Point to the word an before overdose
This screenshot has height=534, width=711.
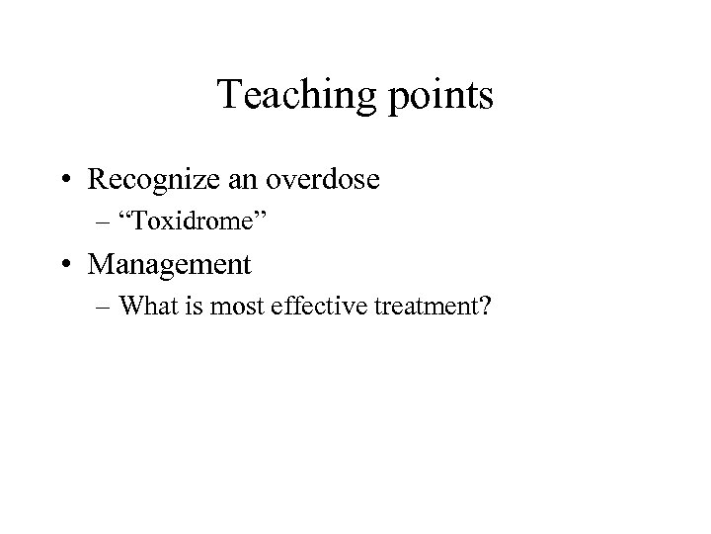259,180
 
